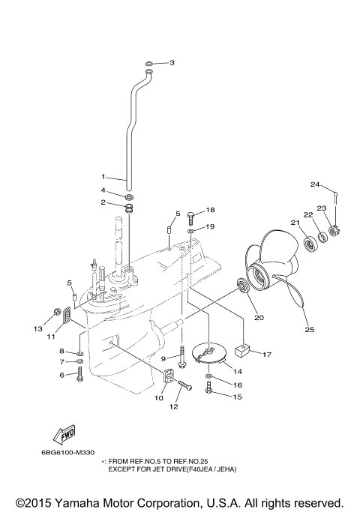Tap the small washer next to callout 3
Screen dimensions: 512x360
point(150,63)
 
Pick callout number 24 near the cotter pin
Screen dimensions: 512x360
point(315,184)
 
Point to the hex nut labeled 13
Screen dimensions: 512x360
point(57,312)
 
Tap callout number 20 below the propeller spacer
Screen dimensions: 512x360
point(259,317)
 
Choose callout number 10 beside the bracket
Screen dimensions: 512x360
point(158,398)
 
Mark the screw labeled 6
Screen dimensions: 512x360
point(80,373)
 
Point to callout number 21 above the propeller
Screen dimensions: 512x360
point(295,223)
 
